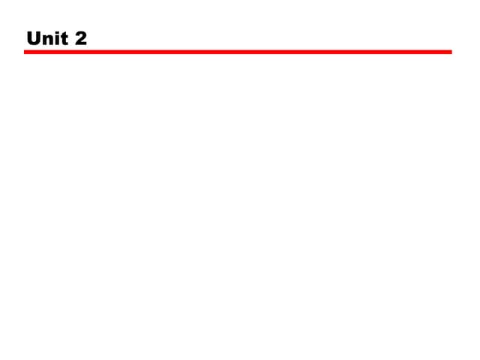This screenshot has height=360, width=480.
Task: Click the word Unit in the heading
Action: click(x=47, y=38)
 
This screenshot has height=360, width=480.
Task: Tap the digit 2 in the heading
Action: click(x=81, y=38)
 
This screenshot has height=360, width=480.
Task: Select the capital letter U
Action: click(x=33, y=38)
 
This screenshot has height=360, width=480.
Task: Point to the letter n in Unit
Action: click(x=48, y=40)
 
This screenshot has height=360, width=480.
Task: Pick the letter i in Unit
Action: click(x=58, y=38)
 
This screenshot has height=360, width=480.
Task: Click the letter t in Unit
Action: click(x=64, y=39)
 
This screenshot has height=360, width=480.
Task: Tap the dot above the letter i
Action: click(x=58, y=32)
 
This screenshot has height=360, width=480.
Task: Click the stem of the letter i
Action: click(x=58, y=40)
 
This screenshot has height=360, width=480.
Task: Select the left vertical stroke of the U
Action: click(x=28, y=37)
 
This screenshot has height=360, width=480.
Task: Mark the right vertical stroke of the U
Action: click(x=38, y=37)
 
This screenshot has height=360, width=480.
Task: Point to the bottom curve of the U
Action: click(x=33, y=43)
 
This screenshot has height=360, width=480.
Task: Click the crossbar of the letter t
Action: click(x=64, y=36)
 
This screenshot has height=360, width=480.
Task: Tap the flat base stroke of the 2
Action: click(x=81, y=43)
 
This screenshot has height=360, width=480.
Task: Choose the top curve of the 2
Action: click(x=81, y=33)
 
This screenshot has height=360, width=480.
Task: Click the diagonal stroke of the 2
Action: click(x=81, y=39)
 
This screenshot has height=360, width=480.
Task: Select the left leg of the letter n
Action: click(x=45, y=40)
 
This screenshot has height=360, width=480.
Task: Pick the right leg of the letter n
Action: click(x=52, y=40)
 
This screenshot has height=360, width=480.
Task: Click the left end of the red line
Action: click(x=25, y=52)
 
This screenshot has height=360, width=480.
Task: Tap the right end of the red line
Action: click(x=451, y=52)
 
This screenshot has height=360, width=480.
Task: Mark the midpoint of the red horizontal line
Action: click(x=238, y=52)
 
